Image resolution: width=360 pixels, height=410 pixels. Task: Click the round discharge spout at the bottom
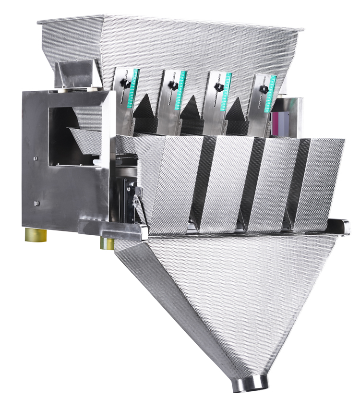coord(250,384)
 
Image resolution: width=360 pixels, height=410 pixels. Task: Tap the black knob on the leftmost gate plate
coord(126,84)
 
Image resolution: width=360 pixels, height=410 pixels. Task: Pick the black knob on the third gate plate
coord(219,88)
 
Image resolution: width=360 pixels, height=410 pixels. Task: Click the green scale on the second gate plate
coord(181,88)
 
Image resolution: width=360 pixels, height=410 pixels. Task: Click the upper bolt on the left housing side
coord(36,158)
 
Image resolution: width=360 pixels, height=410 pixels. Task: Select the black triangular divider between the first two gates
coord(144,108)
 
